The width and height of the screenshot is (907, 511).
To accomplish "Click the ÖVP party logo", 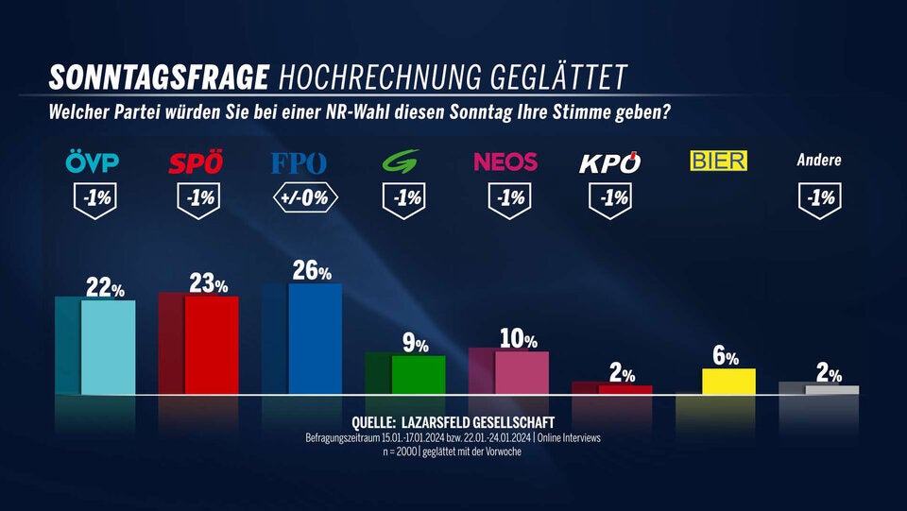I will point(93,162).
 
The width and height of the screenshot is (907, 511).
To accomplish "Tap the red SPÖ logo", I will point(196,162).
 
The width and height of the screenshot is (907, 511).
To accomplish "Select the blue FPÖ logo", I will point(299,162).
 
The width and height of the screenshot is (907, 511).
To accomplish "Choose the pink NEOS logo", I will point(505,162).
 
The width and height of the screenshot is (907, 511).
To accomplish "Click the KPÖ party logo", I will point(609,162).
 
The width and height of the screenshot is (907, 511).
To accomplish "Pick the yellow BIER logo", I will point(718,161).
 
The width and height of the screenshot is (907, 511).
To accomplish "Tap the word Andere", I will point(819,161).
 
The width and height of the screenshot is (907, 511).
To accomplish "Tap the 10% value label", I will point(518,340).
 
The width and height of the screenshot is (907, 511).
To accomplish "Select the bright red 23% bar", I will point(211,345).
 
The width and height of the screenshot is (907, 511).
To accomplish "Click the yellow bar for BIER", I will point(728,381).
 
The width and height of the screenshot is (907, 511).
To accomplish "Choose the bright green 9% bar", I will point(418,374).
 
